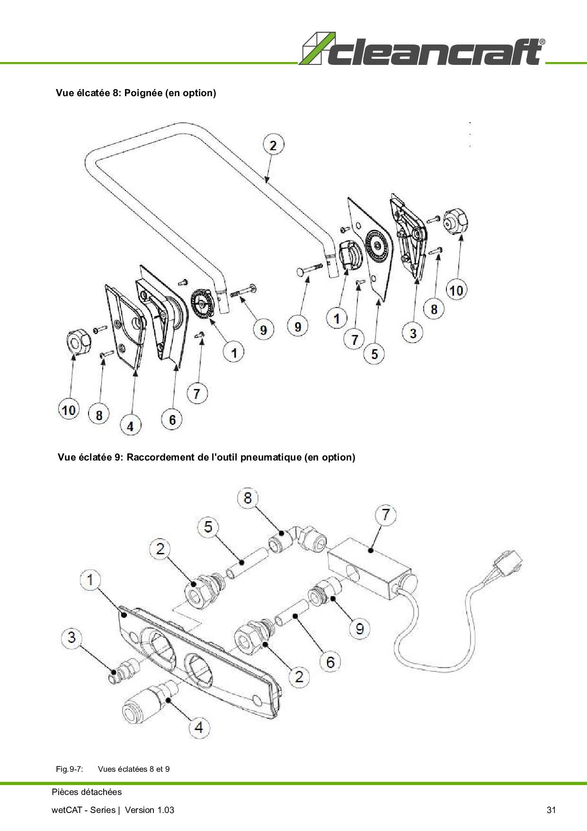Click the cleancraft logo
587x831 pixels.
(422, 49)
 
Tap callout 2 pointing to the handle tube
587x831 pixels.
(273, 145)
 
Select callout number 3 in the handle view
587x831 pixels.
(413, 333)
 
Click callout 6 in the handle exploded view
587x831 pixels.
(172, 419)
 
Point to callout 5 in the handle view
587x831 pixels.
(374, 354)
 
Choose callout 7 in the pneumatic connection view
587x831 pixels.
(385, 515)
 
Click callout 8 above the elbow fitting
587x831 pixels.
(248, 498)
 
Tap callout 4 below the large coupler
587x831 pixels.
(199, 727)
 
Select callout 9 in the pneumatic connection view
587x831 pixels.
(360, 628)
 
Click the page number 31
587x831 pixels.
(551, 810)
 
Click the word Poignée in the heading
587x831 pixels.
(143, 93)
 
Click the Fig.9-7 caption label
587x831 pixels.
(70, 769)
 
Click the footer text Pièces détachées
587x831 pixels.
(87, 792)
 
